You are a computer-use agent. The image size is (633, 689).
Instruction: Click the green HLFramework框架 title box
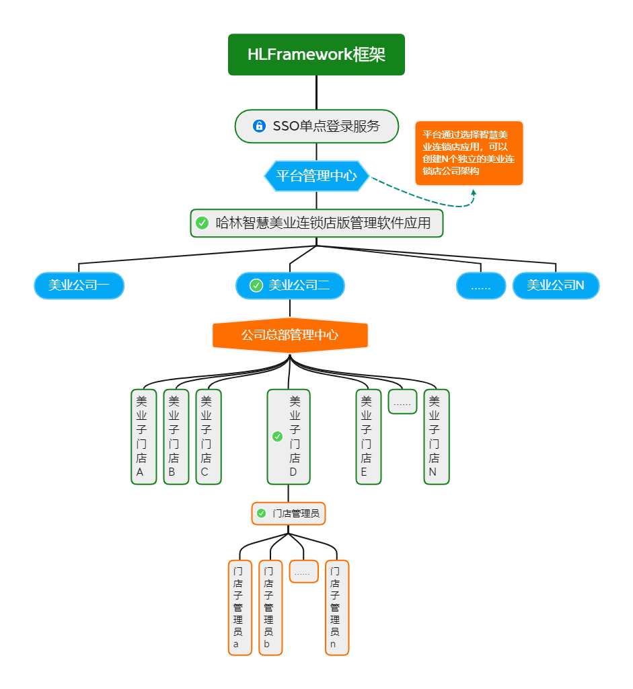[x=316, y=55]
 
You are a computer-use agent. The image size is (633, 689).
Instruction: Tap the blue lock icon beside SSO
[x=259, y=126]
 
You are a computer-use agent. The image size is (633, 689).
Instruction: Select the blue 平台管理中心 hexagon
[x=316, y=176]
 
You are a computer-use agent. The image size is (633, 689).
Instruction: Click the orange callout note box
[x=469, y=153]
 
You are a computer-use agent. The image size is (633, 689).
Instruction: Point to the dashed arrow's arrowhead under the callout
[x=474, y=192]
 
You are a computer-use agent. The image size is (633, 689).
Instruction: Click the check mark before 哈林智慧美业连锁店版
[x=202, y=223]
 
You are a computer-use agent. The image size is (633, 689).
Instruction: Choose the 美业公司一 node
[x=79, y=285]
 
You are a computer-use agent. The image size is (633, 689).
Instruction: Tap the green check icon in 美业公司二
[x=256, y=285]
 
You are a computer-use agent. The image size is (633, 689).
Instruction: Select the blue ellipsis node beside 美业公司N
[x=481, y=286]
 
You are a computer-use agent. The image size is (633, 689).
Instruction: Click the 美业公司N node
[x=556, y=285]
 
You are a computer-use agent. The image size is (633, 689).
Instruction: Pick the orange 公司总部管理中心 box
[x=290, y=335]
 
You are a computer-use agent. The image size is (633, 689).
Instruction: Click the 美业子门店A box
[x=143, y=437]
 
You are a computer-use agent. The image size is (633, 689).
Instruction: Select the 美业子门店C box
[x=208, y=437]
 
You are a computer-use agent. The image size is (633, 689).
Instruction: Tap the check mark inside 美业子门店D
[x=277, y=437]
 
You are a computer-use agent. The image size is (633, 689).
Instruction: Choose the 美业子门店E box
[x=368, y=437]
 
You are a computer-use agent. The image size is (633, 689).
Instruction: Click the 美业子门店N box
[x=436, y=437]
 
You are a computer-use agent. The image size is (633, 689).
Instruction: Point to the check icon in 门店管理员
[x=262, y=513]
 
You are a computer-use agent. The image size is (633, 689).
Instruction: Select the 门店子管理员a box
[x=239, y=607]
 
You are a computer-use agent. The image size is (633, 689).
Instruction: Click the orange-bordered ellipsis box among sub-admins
[x=303, y=571]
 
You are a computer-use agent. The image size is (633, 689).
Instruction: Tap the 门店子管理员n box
[x=337, y=607]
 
